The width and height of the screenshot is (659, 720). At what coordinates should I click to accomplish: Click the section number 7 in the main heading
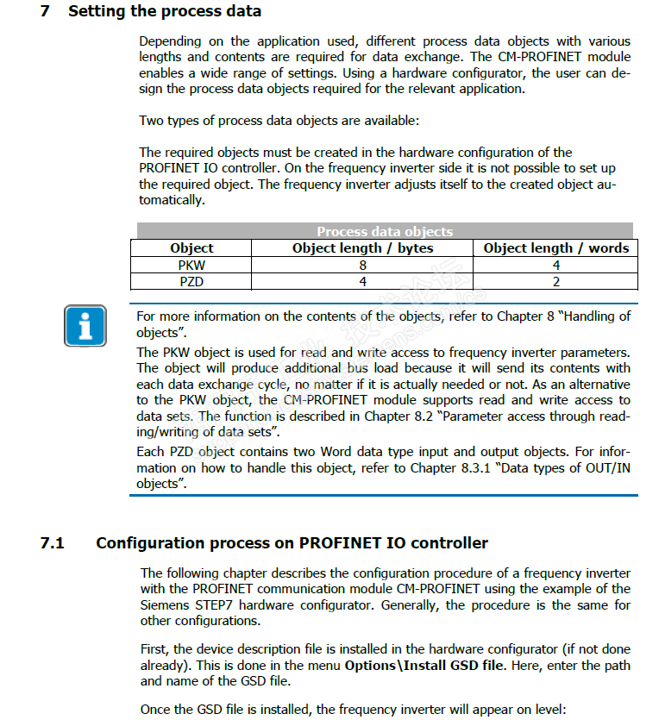point(45,12)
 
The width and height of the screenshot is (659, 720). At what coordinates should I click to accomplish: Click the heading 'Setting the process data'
point(165,12)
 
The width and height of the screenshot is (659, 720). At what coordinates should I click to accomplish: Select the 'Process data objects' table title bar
point(385,231)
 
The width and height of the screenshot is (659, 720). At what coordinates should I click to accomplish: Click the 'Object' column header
point(191,248)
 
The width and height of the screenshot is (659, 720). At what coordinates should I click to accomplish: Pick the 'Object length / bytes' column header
point(363,248)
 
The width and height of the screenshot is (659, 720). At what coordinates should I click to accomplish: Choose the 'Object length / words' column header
point(556,248)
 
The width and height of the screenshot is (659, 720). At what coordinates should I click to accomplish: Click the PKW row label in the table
point(191,266)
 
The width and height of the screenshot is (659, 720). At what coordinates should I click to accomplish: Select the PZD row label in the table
point(191,281)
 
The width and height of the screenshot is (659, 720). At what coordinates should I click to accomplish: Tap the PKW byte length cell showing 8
point(363,266)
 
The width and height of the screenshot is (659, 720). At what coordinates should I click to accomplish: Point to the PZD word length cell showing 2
point(556,281)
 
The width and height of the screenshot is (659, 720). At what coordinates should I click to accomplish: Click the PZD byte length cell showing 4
point(363,281)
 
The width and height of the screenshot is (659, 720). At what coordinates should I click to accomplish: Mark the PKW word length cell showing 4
point(556,266)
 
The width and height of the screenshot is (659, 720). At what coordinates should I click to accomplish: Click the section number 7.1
point(52,543)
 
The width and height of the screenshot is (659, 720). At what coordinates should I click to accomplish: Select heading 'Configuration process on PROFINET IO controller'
point(292,543)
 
